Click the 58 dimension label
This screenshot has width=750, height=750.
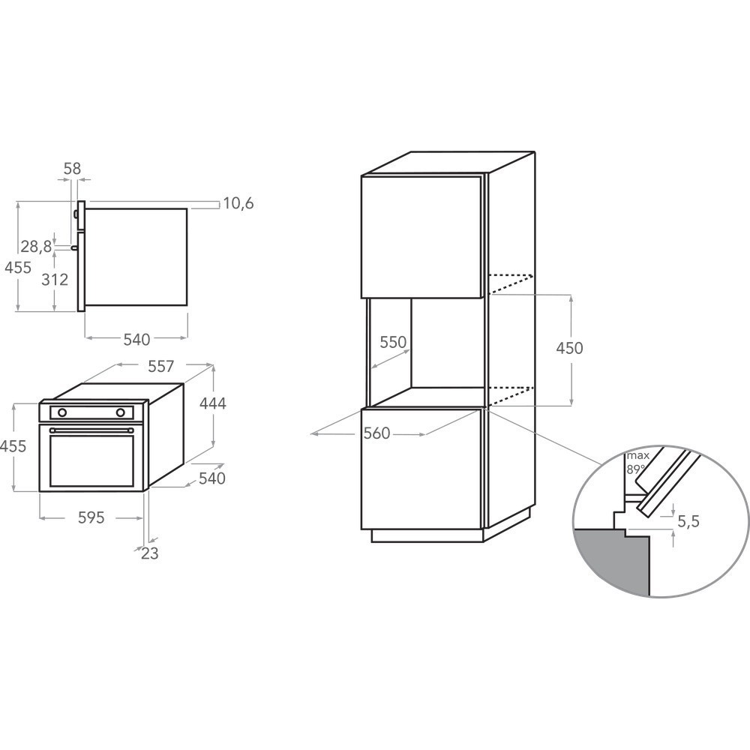[72, 169]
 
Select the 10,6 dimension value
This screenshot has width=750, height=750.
[238, 203]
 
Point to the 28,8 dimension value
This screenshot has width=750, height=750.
[36, 246]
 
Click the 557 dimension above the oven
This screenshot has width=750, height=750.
[160, 366]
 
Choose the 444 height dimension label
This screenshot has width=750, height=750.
[212, 403]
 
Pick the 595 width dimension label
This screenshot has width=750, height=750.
[91, 517]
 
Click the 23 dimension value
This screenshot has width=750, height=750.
[149, 553]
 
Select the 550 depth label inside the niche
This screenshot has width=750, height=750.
[392, 343]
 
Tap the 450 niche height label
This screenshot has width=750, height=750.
[569, 348]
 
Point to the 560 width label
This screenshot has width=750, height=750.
[376, 433]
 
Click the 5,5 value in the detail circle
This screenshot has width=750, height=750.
[688, 521]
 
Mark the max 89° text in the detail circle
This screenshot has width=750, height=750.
[638, 462]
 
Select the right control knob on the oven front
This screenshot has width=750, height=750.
[120, 412]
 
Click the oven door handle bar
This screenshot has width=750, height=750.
[91, 430]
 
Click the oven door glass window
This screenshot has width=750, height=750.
[91, 459]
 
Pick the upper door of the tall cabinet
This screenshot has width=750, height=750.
[421, 236]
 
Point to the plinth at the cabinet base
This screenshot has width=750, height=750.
[427, 535]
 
